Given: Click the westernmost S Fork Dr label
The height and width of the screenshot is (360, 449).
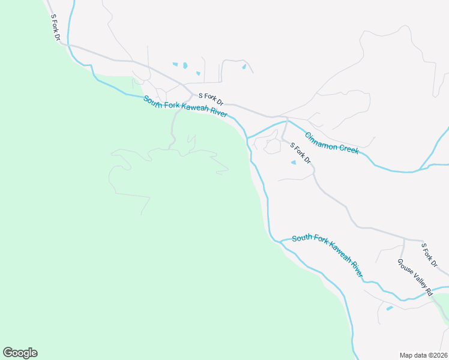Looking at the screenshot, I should (56, 28).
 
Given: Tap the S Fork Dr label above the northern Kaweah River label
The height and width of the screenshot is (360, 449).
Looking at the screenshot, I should (211, 98).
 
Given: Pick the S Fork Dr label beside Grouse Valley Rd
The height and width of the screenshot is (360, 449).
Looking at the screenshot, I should (431, 254).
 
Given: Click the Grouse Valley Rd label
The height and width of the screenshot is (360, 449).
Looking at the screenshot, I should (415, 277).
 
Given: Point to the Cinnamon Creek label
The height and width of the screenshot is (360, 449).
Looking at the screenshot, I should (332, 143).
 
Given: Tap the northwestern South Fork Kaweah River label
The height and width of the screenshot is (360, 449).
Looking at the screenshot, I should (185, 107).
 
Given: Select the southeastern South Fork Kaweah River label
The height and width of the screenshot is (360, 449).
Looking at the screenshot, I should (328, 254).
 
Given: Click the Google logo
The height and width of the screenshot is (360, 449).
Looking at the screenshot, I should (20, 353).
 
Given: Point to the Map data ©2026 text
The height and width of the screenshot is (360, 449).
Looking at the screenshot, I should (423, 355).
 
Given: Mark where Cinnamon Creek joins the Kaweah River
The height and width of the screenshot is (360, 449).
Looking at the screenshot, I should (247, 137).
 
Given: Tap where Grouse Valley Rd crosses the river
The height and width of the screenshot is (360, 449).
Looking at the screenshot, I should (433, 294).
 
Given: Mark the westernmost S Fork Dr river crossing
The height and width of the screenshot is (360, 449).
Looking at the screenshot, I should (70, 45).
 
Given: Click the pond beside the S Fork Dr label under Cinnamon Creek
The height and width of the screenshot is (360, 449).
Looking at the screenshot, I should (294, 162).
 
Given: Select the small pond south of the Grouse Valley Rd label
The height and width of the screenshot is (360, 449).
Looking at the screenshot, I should (390, 308).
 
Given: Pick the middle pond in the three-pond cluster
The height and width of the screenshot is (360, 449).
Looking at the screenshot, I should (185, 65).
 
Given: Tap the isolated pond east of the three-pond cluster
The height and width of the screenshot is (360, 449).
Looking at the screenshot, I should (244, 67).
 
